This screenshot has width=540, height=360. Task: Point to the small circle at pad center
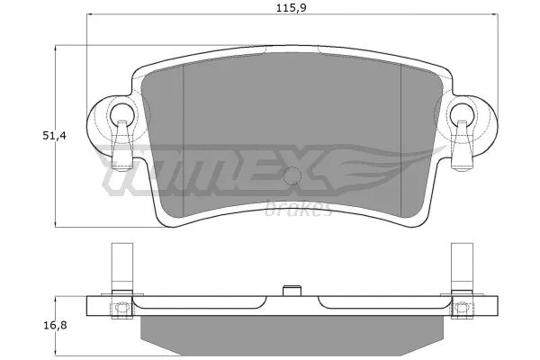point(290,177)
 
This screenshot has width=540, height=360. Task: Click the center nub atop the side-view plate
point(290,290)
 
